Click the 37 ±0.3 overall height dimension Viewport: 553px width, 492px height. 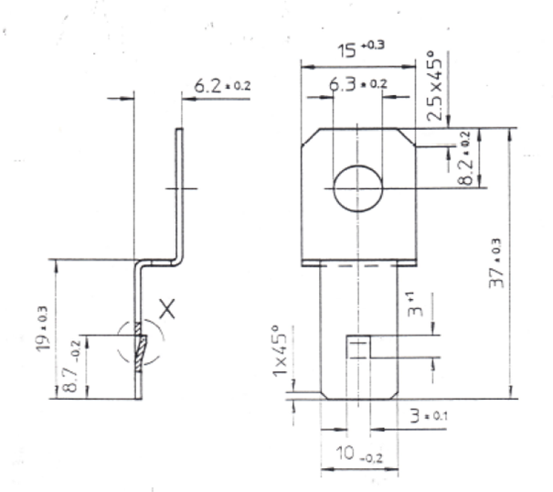[x=494, y=264]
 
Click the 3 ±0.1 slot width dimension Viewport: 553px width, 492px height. [x=425, y=416]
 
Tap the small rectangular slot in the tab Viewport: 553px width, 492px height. [x=358, y=348]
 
